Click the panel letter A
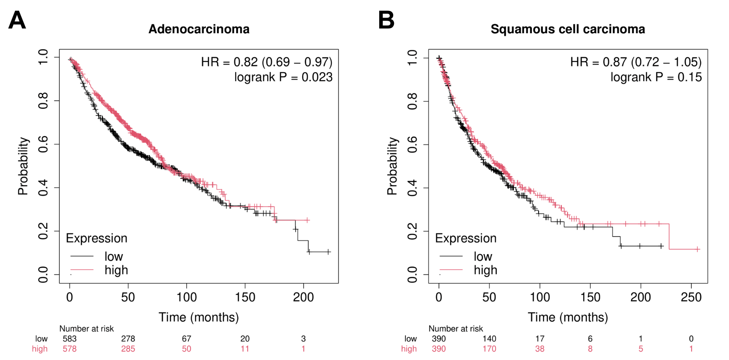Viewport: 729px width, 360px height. (17, 20)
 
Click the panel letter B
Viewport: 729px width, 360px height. (386, 20)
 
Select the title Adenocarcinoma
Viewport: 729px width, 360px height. (199, 29)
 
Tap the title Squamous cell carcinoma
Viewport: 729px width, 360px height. (567, 29)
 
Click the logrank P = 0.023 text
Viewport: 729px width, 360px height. (283, 77)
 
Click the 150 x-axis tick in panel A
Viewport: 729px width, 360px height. (245, 298)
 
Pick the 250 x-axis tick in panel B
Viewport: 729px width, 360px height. (691, 298)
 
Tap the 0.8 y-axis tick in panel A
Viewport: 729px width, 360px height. (43, 101)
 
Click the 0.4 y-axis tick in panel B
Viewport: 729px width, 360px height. (412, 188)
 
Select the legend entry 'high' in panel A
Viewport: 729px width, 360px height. (116, 270)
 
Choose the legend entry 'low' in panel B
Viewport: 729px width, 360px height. (483, 257)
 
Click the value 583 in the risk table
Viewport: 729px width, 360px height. (70, 339)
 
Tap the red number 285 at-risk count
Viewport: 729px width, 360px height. (128, 349)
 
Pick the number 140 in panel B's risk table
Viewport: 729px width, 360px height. (489, 339)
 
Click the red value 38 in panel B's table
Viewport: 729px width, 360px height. (540, 349)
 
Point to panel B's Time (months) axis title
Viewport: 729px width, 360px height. (567, 317)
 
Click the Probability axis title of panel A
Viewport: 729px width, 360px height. (23, 166)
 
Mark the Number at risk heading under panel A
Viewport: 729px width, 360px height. (86, 329)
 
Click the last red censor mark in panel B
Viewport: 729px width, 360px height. (697, 249)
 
